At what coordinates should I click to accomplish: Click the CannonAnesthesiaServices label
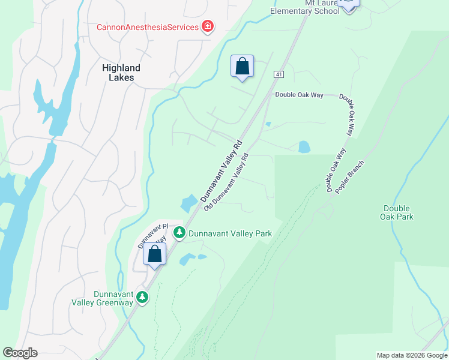click(148, 27)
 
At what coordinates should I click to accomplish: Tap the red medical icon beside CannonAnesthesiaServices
click(208, 26)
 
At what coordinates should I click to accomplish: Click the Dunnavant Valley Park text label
click(231, 233)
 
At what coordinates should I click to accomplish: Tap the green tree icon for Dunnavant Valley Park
click(179, 232)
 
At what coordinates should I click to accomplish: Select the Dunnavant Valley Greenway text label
click(113, 298)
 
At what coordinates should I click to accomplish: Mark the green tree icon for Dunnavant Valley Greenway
click(142, 297)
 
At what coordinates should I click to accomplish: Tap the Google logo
click(20, 353)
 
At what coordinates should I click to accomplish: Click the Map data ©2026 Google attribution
click(411, 355)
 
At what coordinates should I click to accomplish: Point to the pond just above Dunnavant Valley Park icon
click(188, 203)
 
